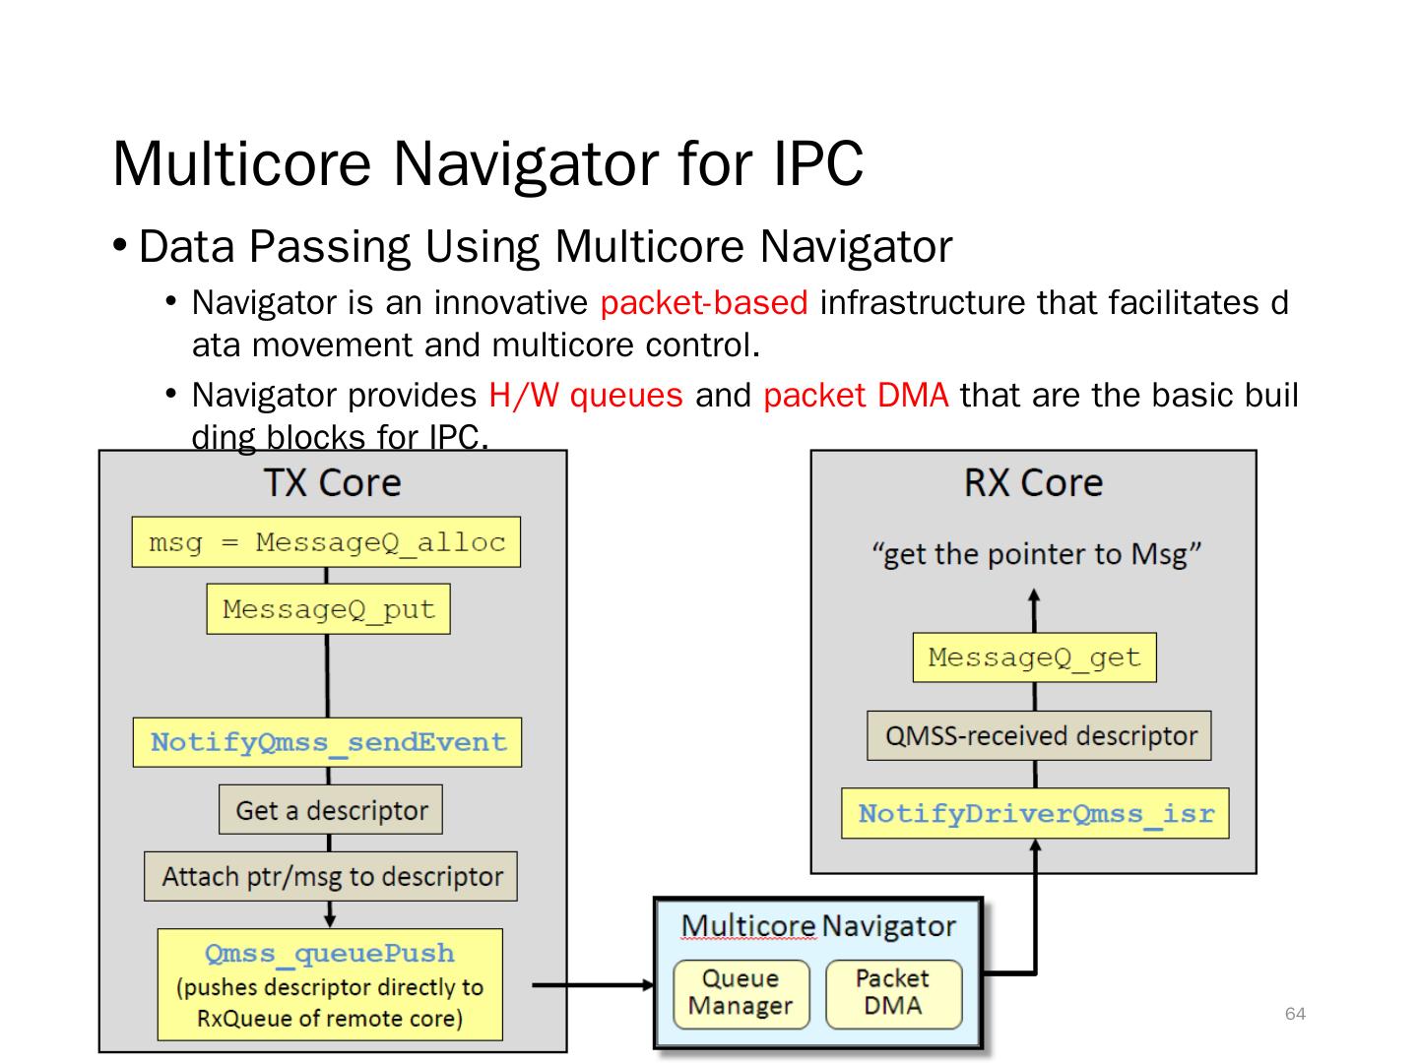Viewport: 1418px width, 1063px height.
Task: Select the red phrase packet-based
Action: [703, 302]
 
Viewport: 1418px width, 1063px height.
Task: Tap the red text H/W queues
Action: [585, 395]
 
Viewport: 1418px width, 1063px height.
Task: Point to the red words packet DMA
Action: [855, 395]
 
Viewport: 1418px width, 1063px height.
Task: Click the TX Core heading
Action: [332, 482]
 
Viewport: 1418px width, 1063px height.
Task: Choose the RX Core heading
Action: [1033, 482]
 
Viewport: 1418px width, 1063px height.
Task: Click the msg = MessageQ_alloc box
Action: [326, 542]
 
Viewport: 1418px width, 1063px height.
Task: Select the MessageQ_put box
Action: [328, 609]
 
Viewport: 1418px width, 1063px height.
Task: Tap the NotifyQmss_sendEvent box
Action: [327, 742]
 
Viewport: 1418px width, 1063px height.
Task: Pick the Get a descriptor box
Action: [331, 810]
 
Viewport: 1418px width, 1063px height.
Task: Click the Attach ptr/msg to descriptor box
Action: [331, 876]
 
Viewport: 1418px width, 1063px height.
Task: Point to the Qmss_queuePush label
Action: [330, 953]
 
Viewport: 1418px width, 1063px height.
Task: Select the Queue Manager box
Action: [741, 992]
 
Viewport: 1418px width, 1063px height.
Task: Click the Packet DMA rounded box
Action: [892, 992]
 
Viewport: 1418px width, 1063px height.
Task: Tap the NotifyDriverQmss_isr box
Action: [1035, 814]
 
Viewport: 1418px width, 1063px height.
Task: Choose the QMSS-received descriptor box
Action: [1039, 736]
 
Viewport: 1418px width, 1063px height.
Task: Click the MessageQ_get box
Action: [1034, 657]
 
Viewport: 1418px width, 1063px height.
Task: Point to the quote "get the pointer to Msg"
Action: [1036, 554]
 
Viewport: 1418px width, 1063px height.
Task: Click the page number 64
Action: [1295, 1014]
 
